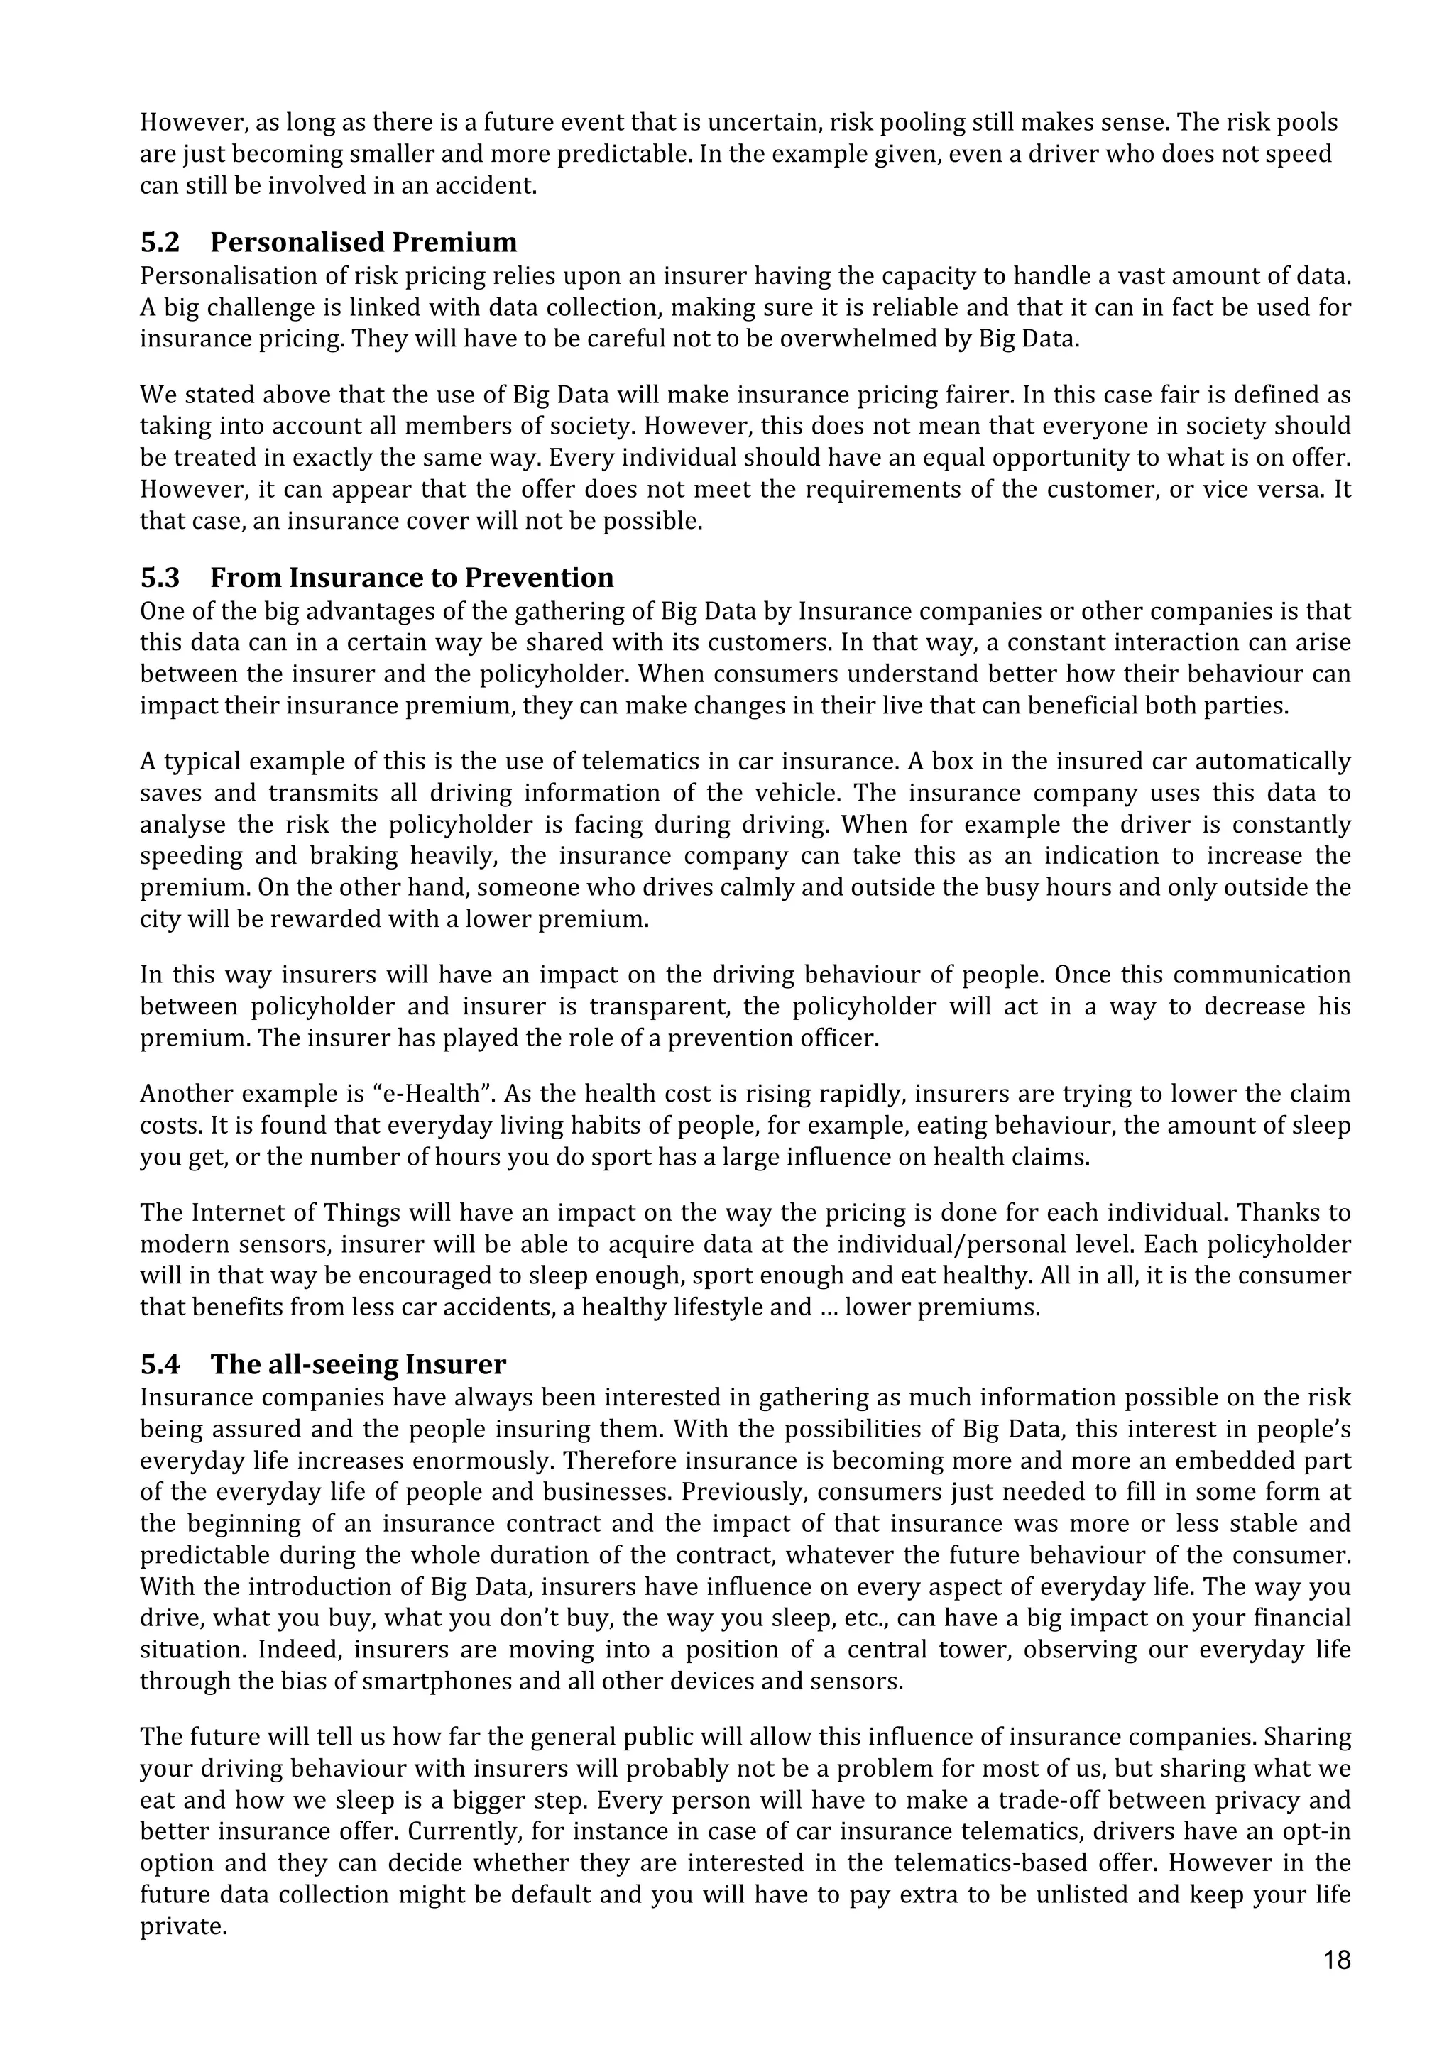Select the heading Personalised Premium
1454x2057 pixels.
click(x=363, y=243)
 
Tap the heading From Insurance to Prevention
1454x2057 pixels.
click(x=412, y=578)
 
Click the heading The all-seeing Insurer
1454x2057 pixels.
click(x=359, y=1364)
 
